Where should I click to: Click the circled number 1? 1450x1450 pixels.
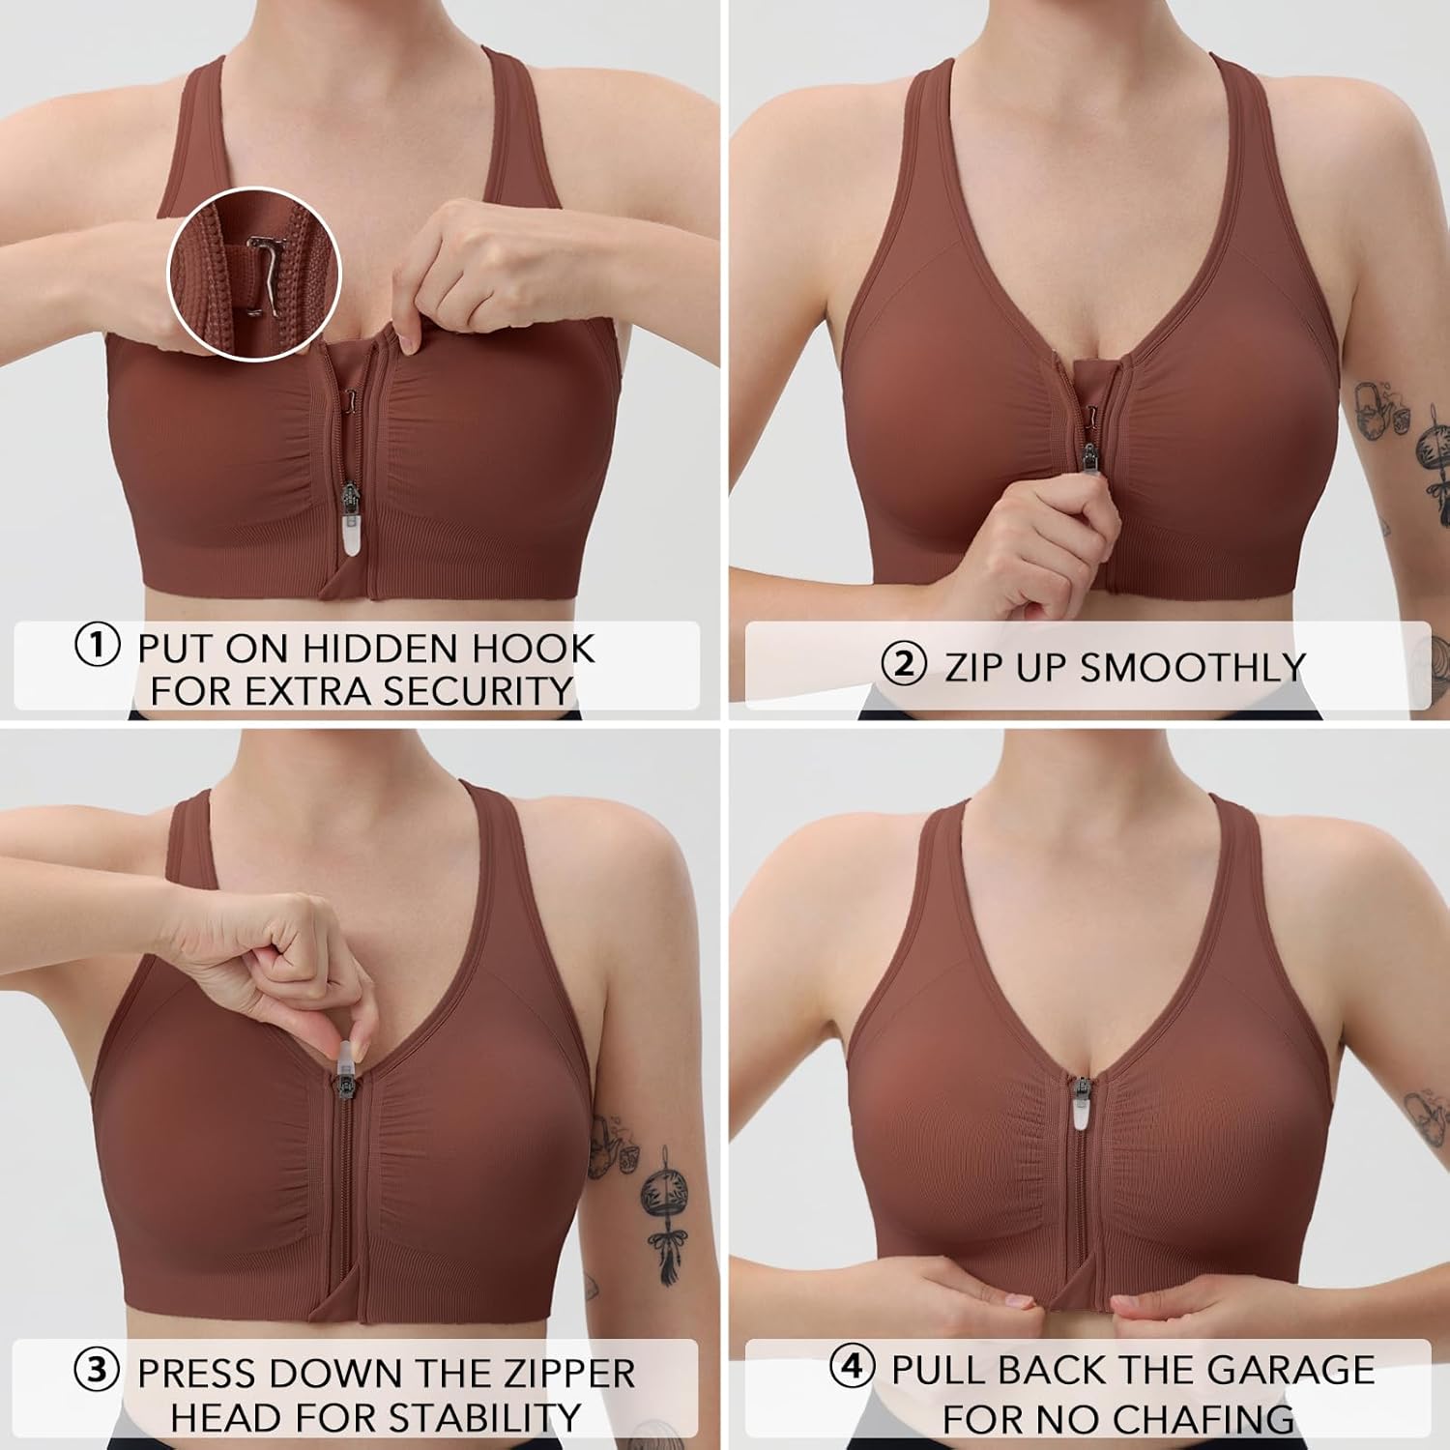tap(98, 646)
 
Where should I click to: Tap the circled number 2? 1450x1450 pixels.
tap(904, 665)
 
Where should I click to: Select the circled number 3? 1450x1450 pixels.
tap(98, 1370)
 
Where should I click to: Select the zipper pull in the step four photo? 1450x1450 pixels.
tap(1079, 1105)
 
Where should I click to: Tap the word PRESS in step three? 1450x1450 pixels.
tap(200, 1374)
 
